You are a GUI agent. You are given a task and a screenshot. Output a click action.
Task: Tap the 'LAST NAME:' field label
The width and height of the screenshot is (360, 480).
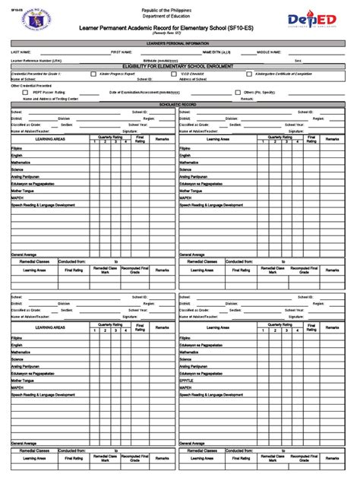pyautogui.click(x=20, y=52)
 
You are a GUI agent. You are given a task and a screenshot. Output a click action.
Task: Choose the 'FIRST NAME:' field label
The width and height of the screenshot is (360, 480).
pyautogui.click(x=122, y=52)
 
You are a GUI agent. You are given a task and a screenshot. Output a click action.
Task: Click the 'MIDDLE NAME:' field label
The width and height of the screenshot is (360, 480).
pyautogui.click(x=269, y=52)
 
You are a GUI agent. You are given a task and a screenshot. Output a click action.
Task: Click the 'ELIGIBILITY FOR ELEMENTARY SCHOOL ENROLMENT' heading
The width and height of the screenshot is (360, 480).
pyautogui.click(x=179, y=66)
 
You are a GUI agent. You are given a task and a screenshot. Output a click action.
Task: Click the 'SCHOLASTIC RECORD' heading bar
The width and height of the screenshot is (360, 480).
pyautogui.click(x=179, y=105)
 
